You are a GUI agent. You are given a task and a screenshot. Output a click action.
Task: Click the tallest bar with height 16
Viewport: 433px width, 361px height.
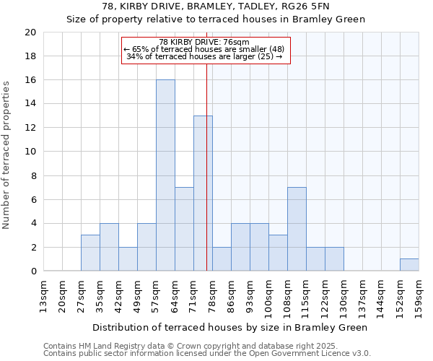tap(165, 175)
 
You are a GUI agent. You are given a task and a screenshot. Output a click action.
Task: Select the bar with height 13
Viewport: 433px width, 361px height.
tap(203, 193)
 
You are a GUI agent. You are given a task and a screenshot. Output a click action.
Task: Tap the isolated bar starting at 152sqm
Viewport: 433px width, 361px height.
tap(409, 265)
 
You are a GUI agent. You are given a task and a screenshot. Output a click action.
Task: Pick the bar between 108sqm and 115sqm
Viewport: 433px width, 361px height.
tap(297, 229)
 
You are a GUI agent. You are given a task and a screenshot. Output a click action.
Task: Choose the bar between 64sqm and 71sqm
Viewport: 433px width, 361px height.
tap(184, 229)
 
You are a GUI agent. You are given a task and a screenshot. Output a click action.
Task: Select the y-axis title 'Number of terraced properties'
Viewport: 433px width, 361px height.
tap(7, 155)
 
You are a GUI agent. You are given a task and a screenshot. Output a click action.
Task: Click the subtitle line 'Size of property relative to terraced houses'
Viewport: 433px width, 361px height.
tap(216, 19)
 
